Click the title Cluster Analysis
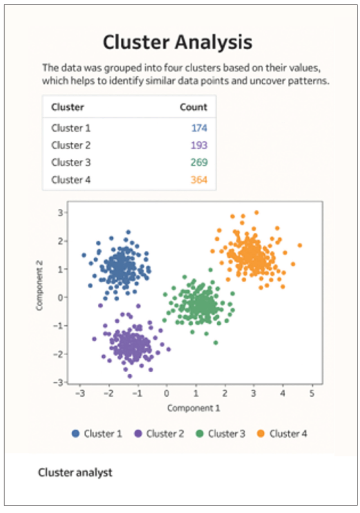(x=177, y=43)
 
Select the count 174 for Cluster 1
(x=199, y=128)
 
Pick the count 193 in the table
(x=199, y=145)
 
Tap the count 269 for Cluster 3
(x=199, y=162)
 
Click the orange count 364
(x=199, y=179)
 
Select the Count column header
(x=194, y=107)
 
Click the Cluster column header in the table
(x=68, y=107)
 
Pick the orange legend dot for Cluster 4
(x=261, y=433)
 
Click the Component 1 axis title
(x=194, y=408)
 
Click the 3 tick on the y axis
(x=59, y=212)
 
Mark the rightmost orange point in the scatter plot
(x=300, y=245)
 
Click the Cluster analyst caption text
(x=75, y=472)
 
